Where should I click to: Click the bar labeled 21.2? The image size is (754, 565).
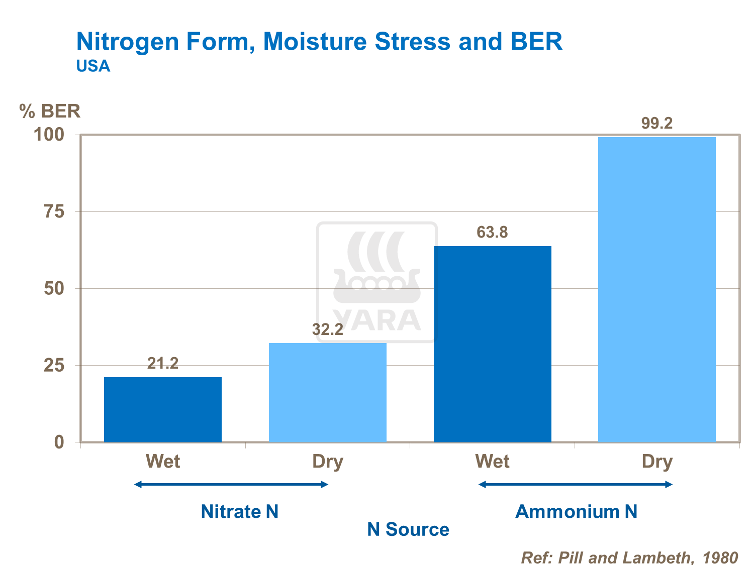tap(162, 409)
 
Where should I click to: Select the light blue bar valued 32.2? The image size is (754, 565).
tap(327, 392)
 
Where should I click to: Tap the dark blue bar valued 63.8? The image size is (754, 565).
tap(492, 344)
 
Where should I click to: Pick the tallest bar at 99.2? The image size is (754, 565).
tap(656, 289)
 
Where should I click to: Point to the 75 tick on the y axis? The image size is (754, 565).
tap(54, 212)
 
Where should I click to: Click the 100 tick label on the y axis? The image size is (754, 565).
tap(49, 135)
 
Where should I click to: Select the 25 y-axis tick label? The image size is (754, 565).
tap(54, 366)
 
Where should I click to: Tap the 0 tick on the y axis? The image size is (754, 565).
tap(59, 442)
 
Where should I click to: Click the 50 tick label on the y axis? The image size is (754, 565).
tap(54, 289)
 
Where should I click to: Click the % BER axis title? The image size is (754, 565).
tap(50, 111)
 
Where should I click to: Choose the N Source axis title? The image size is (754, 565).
tap(408, 529)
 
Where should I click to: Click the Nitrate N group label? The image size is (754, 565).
tap(239, 511)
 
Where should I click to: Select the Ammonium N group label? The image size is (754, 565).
tap(576, 511)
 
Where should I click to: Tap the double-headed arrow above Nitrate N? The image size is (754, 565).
tap(231, 484)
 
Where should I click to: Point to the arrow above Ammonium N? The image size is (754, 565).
tap(576, 484)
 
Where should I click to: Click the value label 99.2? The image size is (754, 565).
tap(656, 123)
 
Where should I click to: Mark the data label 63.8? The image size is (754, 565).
tap(492, 232)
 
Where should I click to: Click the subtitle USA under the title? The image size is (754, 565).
tap(93, 66)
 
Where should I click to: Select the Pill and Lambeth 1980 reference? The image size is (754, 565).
tap(629, 557)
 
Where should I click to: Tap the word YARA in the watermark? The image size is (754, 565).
tap(378, 320)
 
